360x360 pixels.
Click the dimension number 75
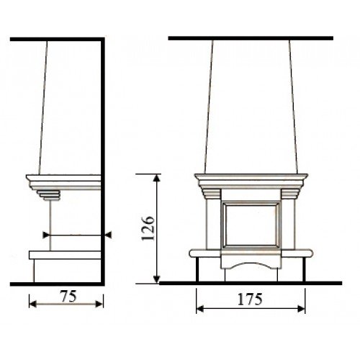coord(68,296)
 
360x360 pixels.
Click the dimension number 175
coord(250,299)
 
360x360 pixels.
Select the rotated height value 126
coord(148,229)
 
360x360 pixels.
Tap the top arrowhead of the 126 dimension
coord(156,179)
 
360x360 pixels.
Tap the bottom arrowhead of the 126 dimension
coord(156,279)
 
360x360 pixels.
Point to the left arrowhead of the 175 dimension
coord(200,309)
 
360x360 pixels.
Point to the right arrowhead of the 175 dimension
coord(301,309)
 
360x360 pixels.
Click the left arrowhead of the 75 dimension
coord(32,305)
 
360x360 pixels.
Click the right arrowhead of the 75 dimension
coord(99,305)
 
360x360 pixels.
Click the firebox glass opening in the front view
coord(251,225)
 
